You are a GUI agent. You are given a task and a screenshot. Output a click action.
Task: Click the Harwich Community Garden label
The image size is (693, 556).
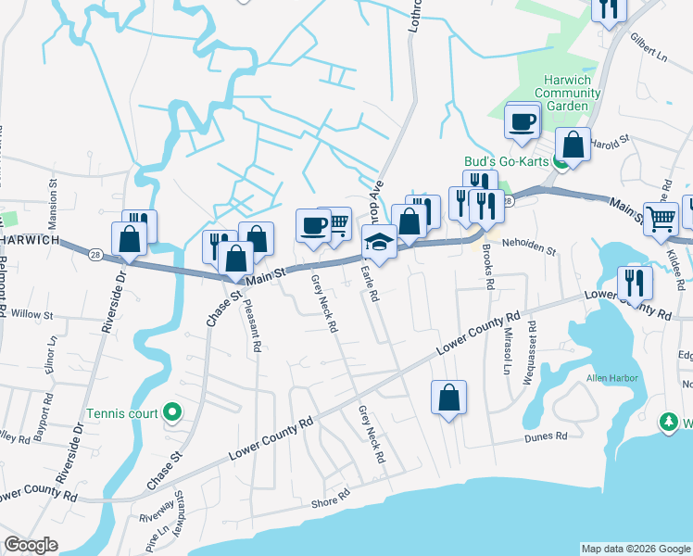(x=561, y=93)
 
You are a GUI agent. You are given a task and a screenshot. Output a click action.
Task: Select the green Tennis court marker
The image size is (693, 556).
(x=171, y=412)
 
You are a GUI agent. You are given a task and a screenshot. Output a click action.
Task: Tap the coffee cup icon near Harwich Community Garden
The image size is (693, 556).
(x=522, y=121)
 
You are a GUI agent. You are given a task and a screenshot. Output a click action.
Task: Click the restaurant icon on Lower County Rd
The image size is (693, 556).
(x=636, y=281)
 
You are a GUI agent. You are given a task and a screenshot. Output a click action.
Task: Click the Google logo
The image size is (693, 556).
(x=31, y=545)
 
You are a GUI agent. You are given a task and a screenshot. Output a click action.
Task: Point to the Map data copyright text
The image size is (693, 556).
(x=636, y=549)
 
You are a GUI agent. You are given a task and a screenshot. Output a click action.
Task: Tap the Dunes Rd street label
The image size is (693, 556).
(x=545, y=436)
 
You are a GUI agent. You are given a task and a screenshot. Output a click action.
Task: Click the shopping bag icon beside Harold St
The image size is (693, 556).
(x=573, y=145)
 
